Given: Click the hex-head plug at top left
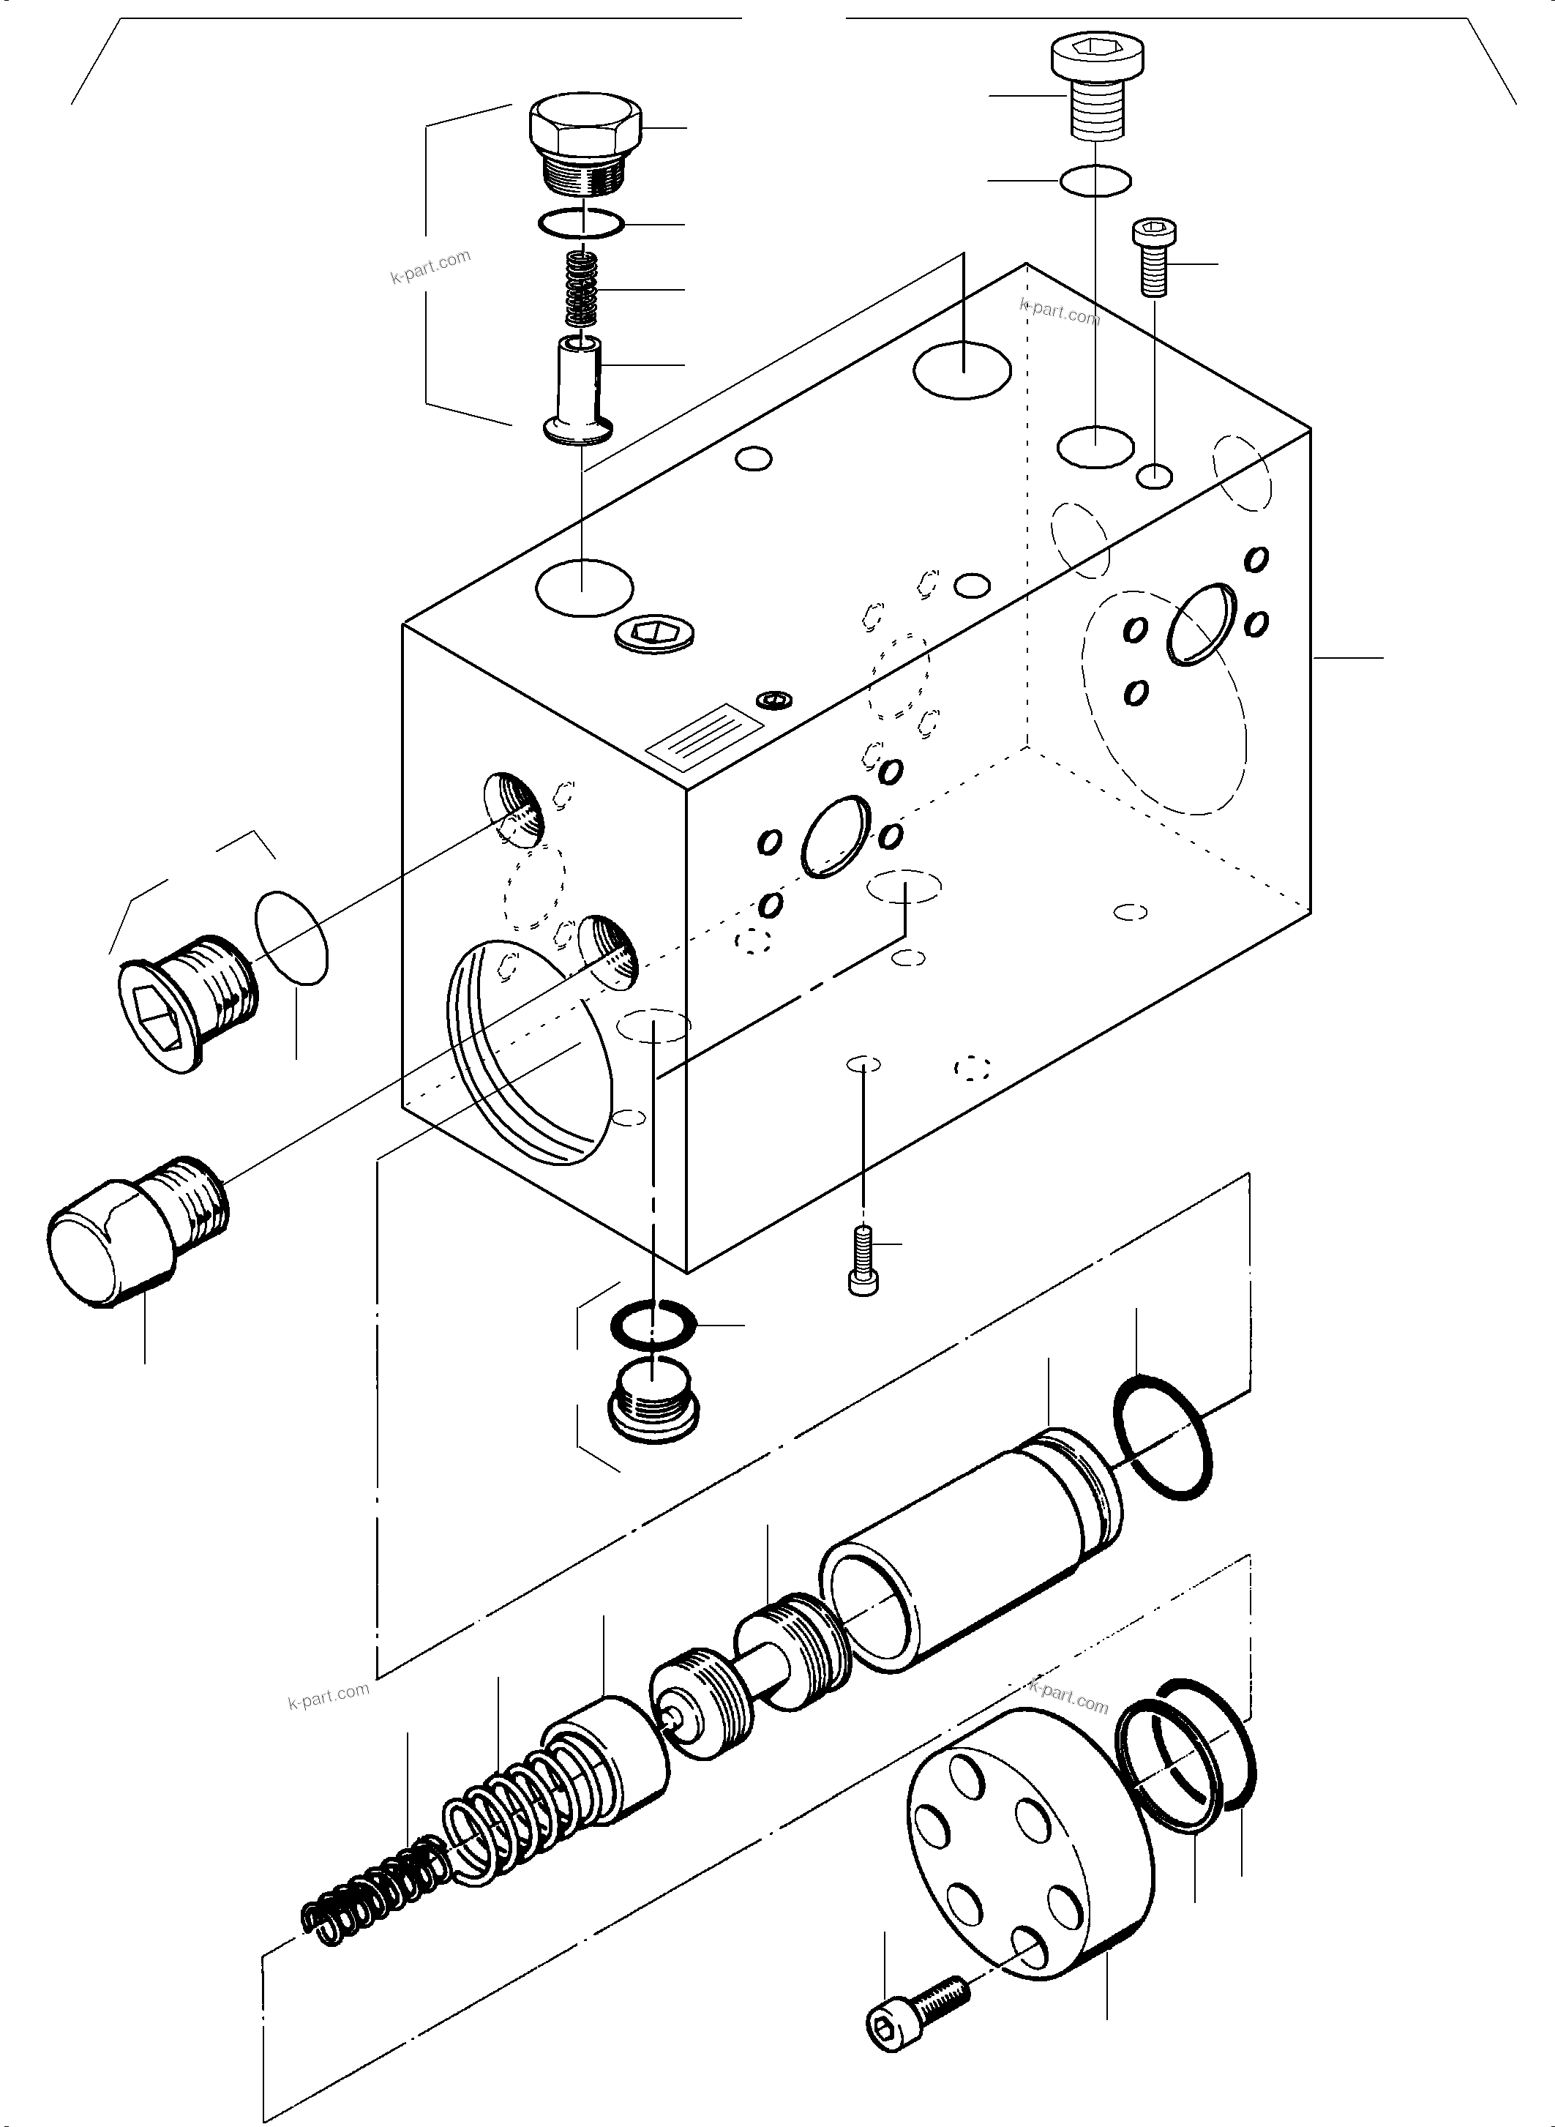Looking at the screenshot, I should point(585,141).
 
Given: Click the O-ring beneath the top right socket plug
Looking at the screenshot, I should point(1095,180).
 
